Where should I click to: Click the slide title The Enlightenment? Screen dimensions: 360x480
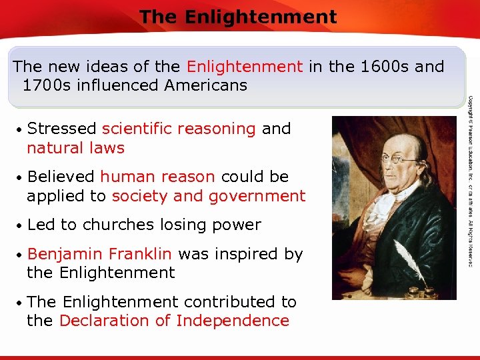pyautogui.click(x=238, y=17)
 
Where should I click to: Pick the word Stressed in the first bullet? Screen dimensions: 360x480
pyautogui.click(x=62, y=129)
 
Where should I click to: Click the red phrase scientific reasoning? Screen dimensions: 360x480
pyautogui.click(x=179, y=129)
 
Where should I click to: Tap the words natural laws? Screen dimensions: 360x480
pyautogui.click(x=75, y=147)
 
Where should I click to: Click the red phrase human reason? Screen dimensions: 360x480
pyautogui.click(x=157, y=177)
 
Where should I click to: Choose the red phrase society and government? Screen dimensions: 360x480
pyautogui.click(x=209, y=196)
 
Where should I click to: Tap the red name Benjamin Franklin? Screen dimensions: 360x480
pyautogui.click(x=100, y=254)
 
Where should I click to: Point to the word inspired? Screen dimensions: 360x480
pyautogui.click(x=245, y=254)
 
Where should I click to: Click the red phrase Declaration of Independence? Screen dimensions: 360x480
pyautogui.click(x=174, y=321)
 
